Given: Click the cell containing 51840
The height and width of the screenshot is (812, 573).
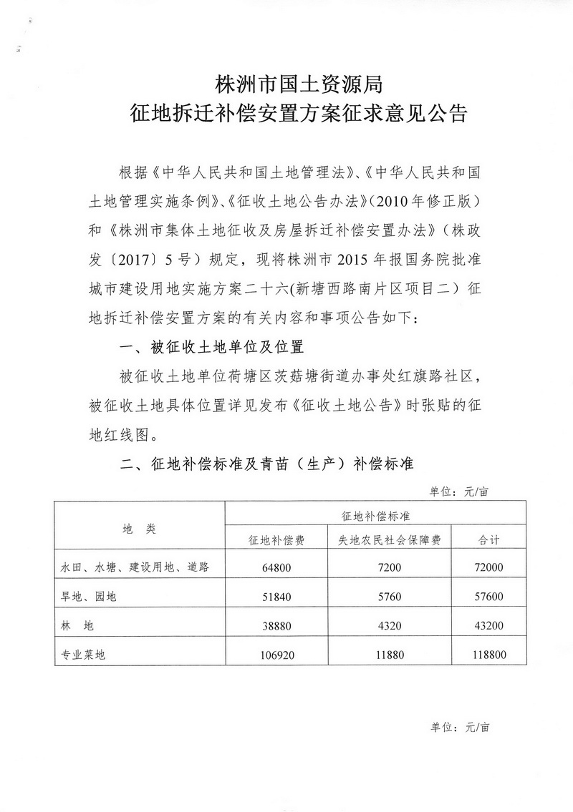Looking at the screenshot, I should coord(276,596).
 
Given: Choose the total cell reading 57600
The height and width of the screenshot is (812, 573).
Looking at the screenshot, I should coord(490,596).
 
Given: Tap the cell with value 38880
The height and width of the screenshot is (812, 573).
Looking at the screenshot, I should coord(276,625).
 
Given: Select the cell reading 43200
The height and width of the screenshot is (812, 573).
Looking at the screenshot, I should coord(490,625).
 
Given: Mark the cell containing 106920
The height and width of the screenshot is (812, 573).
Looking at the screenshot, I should coord(276,652).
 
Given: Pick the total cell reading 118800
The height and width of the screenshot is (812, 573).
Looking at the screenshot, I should coord(490,652).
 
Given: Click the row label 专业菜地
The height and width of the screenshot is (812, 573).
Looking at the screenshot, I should coord(83,653).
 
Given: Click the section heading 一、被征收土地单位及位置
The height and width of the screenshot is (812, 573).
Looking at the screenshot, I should coord(213,348).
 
